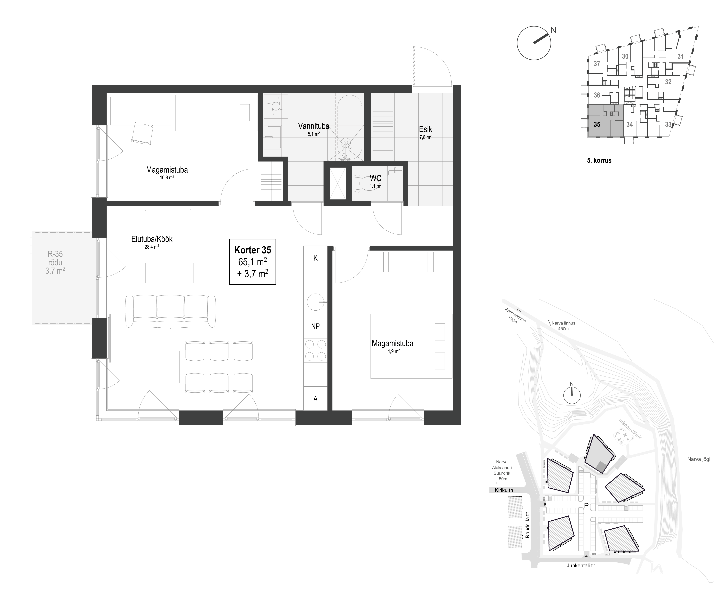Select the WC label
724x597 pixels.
[x=375, y=178]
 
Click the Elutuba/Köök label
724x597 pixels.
[x=152, y=239]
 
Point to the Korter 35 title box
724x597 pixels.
[x=253, y=262]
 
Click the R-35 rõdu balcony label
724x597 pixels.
[x=55, y=262]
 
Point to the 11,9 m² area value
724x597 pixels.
[x=393, y=351]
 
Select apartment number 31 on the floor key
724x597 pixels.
[x=680, y=56]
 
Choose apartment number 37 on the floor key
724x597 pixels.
[x=597, y=64]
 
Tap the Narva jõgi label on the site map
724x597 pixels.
[x=698, y=459]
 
